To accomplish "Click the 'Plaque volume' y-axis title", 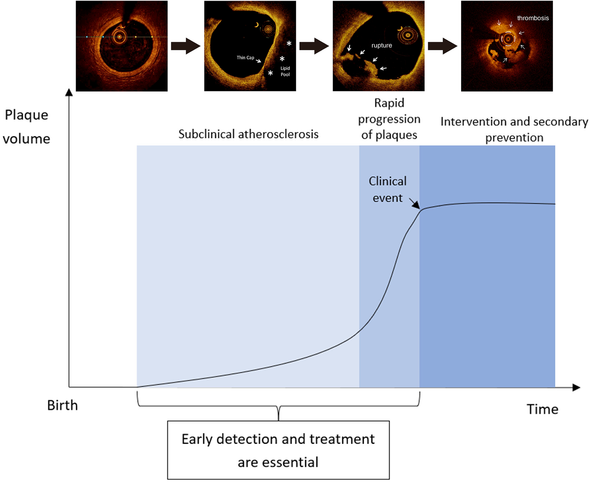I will click(27, 127).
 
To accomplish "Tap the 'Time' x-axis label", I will click(542, 409).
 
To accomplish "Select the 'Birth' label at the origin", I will click(62, 405).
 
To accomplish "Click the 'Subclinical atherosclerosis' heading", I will click(248, 134).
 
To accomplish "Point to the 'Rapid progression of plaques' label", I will click(389, 119).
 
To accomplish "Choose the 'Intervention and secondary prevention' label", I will click(514, 129).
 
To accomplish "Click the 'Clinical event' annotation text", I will click(388, 189).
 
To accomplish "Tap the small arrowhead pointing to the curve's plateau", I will click(416, 205).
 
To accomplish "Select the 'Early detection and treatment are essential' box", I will click(278, 450).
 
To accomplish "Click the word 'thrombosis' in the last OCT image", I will click(533, 18).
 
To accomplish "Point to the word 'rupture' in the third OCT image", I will click(381, 45).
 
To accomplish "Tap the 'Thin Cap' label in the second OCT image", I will click(245, 58).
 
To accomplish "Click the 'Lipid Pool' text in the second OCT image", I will click(285, 71).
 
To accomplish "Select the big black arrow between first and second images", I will click(186, 46).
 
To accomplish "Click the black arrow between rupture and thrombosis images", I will click(442, 46).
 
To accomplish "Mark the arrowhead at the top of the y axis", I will click(69, 92).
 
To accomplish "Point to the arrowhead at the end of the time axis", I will click(577, 387).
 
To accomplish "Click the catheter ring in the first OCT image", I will click(119, 37).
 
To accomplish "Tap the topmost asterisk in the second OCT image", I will click(289, 44).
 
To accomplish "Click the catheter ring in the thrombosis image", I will click(508, 39).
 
